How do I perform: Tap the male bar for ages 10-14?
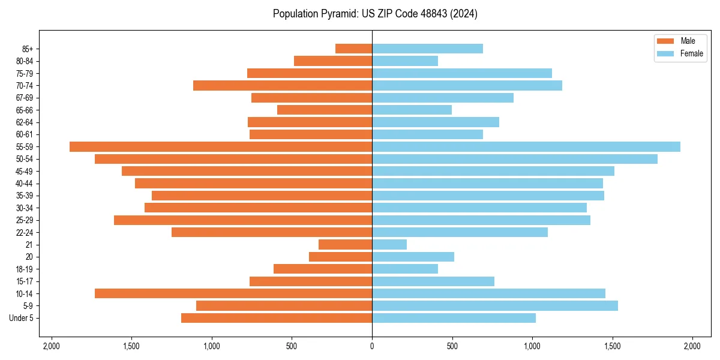[x=233, y=293]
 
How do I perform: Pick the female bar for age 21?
[x=389, y=244]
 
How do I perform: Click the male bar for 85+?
[x=354, y=49]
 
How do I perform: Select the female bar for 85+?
[x=427, y=49]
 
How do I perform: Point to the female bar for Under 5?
[x=454, y=318]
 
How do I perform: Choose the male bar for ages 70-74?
[x=283, y=86]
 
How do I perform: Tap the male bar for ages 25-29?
[x=243, y=220]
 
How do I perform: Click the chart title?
[x=375, y=14]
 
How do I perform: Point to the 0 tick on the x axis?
[x=372, y=346]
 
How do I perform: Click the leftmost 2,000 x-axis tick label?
[x=52, y=346]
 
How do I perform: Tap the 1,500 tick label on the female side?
[x=613, y=346]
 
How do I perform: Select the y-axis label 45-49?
[x=25, y=172]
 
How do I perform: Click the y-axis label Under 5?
[x=22, y=318]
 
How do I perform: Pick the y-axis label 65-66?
[x=25, y=110]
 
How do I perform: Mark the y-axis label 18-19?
[x=25, y=269]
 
